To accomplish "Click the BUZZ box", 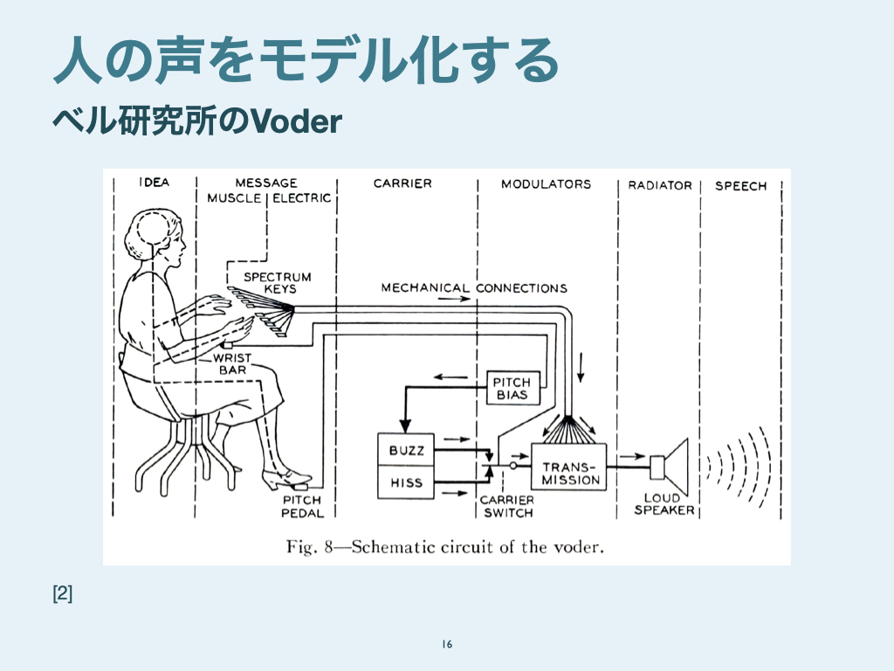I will click(x=405, y=450).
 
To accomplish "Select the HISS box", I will click(x=405, y=482).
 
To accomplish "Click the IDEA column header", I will click(x=154, y=183).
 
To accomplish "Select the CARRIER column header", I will click(x=402, y=183).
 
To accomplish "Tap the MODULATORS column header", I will click(x=546, y=183).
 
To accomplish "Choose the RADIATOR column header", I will click(x=660, y=185).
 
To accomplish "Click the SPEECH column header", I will click(x=740, y=185).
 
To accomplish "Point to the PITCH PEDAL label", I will click(x=302, y=507).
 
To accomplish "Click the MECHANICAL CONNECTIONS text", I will click(x=474, y=287).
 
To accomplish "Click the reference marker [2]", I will click(x=63, y=594).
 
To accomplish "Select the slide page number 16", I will click(x=447, y=645).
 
